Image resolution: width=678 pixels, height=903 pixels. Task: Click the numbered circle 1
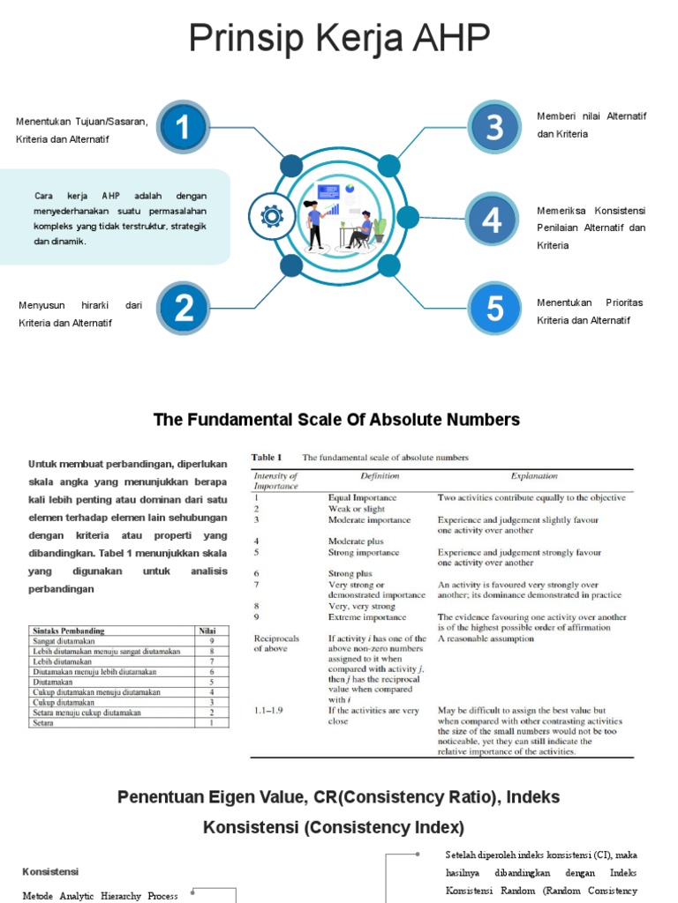coord(183,128)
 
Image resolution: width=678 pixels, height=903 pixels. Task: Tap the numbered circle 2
coord(184,308)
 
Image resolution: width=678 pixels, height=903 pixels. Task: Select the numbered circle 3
coord(494,127)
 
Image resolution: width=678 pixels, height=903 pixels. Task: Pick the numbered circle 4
coord(492,220)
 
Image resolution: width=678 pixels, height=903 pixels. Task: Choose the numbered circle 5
coord(494,308)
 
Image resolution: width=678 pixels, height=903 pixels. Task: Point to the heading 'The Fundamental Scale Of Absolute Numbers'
coord(336,420)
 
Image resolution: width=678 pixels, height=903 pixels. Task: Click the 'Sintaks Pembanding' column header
coord(68,631)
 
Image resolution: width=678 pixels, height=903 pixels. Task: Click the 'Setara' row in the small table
coord(42,722)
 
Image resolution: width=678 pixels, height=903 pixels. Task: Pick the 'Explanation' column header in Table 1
coord(534,476)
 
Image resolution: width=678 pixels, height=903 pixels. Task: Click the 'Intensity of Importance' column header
coord(276,481)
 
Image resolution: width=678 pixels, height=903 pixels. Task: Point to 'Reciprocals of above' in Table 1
coord(277,643)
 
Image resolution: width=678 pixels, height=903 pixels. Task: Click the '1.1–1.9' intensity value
coord(268,710)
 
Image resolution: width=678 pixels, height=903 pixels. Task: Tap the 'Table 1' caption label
coord(267,457)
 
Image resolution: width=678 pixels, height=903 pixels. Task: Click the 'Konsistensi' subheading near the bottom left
coord(50,871)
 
